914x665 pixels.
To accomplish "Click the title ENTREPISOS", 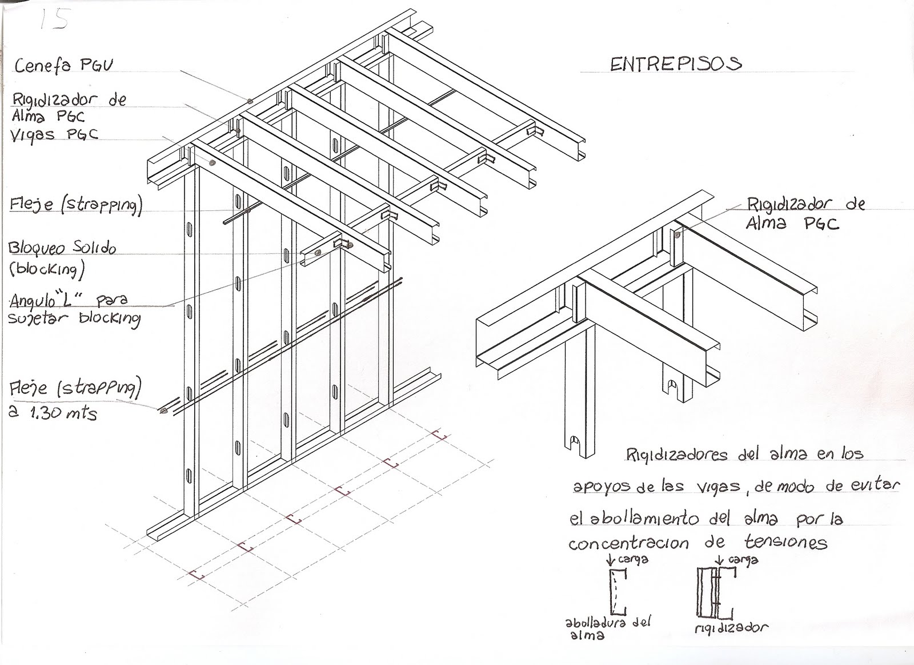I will click(x=675, y=63).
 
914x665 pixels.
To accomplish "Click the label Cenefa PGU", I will click(x=63, y=66).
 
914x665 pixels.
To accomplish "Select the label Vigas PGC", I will click(x=55, y=135).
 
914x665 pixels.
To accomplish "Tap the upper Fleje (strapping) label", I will click(x=75, y=205).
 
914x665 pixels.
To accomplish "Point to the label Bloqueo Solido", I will click(x=62, y=248).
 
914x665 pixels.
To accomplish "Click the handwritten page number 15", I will click(x=54, y=20).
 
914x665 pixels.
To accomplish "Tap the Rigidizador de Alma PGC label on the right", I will click(x=805, y=213).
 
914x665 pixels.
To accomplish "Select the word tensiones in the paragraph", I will click(x=786, y=542).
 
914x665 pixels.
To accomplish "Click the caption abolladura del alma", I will click(x=607, y=627).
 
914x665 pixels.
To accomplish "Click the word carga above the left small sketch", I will click(x=633, y=559).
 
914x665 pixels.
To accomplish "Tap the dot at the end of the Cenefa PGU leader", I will click(x=250, y=101).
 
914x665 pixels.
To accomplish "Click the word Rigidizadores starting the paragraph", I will click(x=676, y=455).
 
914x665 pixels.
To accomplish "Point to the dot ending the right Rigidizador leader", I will click(x=677, y=234).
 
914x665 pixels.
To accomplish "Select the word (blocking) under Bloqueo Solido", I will click(x=47, y=269).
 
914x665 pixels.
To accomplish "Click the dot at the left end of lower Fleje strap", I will click(x=164, y=410).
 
